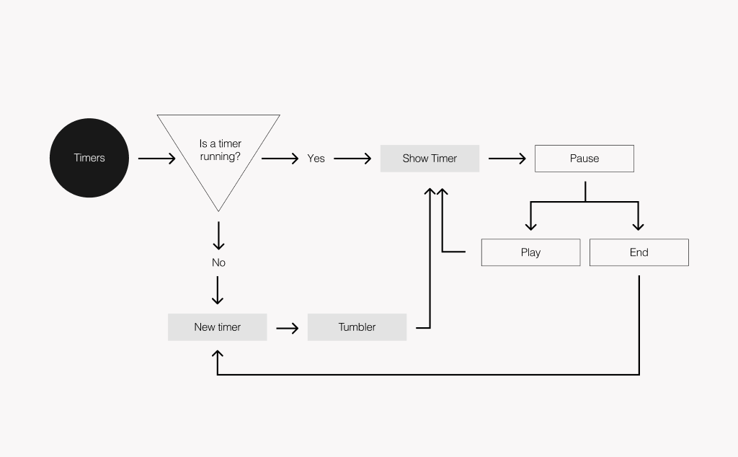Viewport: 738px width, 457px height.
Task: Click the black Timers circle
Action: pos(89,158)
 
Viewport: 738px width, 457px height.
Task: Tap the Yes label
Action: pos(316,159)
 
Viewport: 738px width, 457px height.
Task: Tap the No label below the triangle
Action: pos(218,263)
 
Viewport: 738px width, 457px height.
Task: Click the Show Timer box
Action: pos(430,159)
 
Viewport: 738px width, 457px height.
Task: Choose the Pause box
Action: pos(584,159)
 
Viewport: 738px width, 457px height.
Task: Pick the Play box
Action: pos(530,252)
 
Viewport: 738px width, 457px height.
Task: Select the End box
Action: pos(639,252)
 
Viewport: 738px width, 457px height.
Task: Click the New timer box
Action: pos(217,327)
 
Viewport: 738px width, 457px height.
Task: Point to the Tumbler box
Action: pos(357,327)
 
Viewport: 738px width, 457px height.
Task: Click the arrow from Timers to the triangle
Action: pos(156,159)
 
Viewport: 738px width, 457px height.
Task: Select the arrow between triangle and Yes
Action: pos(280,159)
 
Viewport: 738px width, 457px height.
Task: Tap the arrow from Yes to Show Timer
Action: pos(352,159)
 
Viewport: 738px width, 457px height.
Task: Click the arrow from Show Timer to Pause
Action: pos(507,159)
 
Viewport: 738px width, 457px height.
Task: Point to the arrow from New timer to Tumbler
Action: pos(287,328)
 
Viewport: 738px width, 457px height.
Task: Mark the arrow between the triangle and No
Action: pos(218,236)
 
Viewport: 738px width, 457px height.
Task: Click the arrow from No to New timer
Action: pos(218,290)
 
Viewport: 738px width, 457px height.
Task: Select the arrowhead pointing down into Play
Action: pos(531,225)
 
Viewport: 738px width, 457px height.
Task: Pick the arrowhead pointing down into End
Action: pos(639,225)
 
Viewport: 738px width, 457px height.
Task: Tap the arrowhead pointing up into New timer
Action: pos(218,354)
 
